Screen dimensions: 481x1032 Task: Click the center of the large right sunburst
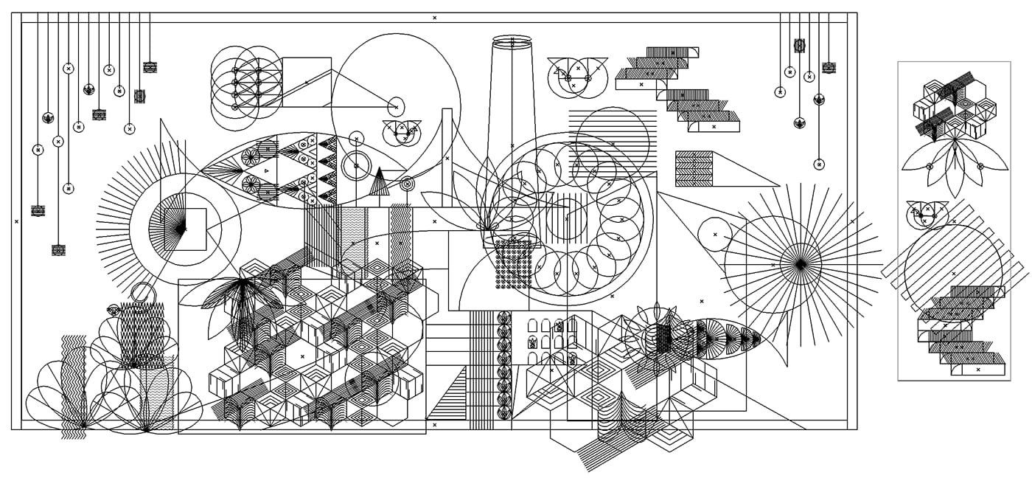pos(801,264)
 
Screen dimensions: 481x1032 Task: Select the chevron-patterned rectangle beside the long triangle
pos(694,168)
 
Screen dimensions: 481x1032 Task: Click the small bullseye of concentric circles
pos(407,183)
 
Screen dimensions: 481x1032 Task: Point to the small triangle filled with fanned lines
pos(379,183)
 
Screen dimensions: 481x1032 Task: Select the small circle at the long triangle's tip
pos(396,107)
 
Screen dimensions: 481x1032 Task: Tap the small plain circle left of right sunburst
pos(714,234)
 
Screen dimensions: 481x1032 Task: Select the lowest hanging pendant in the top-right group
pos(818,164)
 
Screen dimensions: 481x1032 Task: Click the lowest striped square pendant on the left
pos(58,250)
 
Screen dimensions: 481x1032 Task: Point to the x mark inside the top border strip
pos(434,18)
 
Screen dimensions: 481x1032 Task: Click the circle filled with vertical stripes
pos(566,219)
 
